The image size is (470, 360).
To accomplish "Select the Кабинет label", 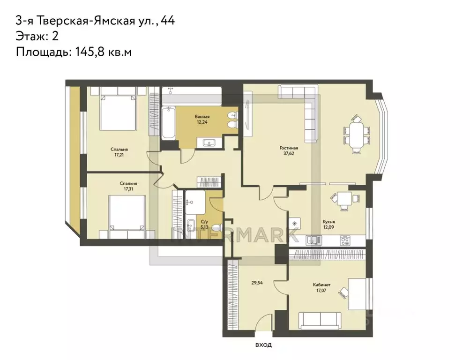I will pos(321,285).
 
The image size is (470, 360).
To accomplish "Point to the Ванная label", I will pos(202,117).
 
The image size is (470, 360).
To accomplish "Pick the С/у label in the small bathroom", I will pos(204,223).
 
